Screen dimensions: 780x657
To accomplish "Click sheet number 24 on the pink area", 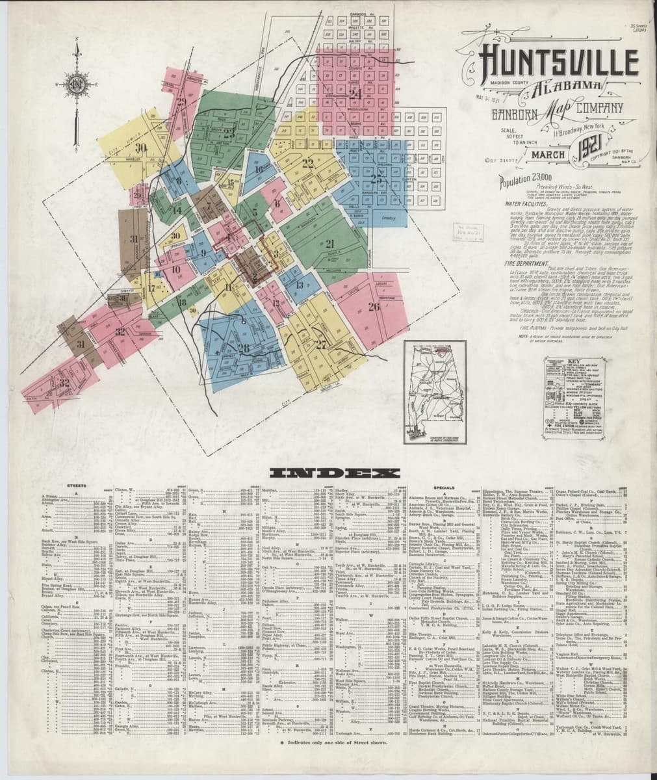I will pos(355,93).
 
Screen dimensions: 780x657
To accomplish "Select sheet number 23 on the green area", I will pos(229,134).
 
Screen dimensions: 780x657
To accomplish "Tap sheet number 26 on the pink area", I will pos(374,307).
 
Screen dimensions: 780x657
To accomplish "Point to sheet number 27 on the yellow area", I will pos(321,344).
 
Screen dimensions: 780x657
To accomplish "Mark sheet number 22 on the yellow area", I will pos(307,162).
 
